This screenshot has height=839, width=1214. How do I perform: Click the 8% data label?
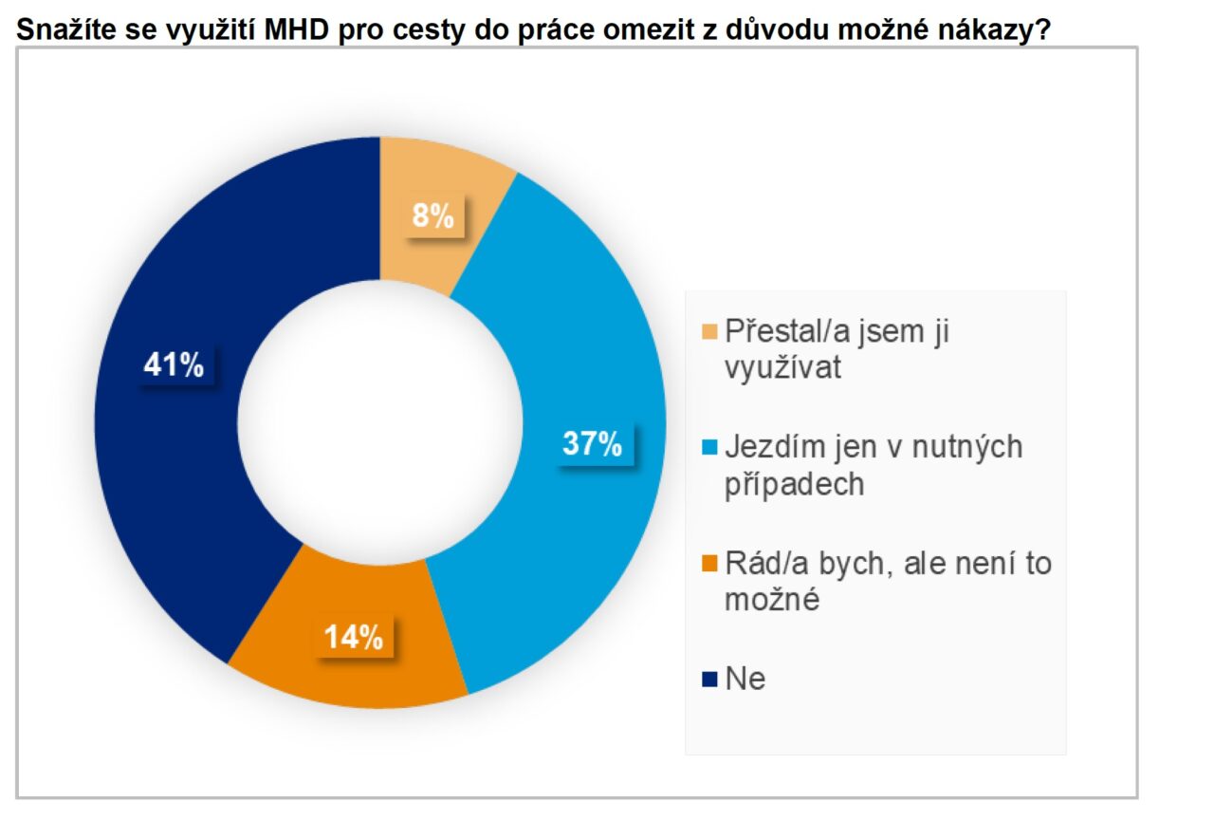point(432,217)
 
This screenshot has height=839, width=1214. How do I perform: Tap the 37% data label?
point(592,443)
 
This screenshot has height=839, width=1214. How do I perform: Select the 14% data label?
point(354,638)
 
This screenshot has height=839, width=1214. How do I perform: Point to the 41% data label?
point(174,364)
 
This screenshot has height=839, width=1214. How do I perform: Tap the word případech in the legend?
point(794,485)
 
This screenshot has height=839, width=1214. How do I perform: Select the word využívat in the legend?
point(782,368)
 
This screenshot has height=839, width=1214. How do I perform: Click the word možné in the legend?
point(771,601)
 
